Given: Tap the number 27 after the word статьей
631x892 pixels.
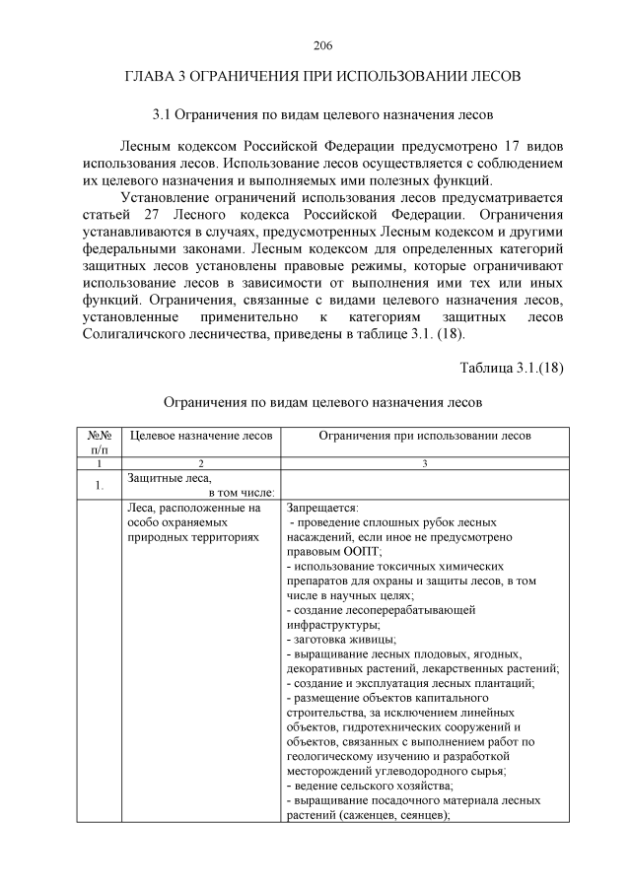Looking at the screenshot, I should coord(143,214).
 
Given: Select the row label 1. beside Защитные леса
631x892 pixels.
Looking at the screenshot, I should coord(100,485).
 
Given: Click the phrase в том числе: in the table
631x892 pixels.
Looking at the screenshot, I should coord(241,492).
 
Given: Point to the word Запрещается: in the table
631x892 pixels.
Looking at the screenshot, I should coord(316,508).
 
